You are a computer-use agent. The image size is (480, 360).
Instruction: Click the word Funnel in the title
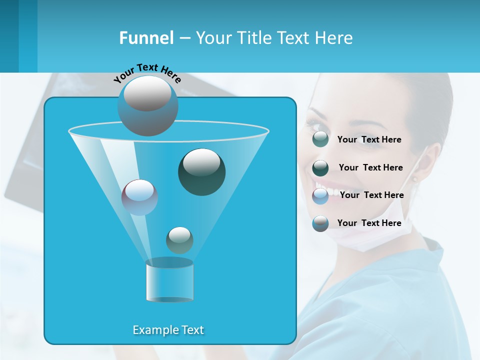[146, 38]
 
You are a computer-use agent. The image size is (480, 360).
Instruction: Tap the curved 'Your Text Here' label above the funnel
[147, 73]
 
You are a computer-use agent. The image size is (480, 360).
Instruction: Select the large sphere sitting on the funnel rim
[148, 105]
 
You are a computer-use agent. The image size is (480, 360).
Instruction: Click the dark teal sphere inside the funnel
[202, 172]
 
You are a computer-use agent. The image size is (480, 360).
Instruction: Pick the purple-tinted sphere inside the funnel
[139, 197]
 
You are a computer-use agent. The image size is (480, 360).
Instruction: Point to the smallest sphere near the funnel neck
[179, 240]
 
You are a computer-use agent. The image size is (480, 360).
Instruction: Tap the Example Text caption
[168, 330]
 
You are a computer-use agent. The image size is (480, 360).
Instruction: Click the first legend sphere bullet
[320, 139]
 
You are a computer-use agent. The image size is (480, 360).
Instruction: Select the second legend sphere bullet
[320, 168]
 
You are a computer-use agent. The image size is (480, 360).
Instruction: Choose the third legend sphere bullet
[320, 196]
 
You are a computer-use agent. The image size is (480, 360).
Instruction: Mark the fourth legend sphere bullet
[320, 223]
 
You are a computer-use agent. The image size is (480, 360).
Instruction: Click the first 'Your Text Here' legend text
[369, 140]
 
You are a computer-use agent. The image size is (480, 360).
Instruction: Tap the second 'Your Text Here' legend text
[370, 167]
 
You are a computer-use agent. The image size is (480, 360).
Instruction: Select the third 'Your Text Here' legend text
[371, 195]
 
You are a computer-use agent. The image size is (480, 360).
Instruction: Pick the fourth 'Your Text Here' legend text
[369, 223]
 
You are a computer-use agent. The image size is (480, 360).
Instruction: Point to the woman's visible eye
[315, 123]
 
